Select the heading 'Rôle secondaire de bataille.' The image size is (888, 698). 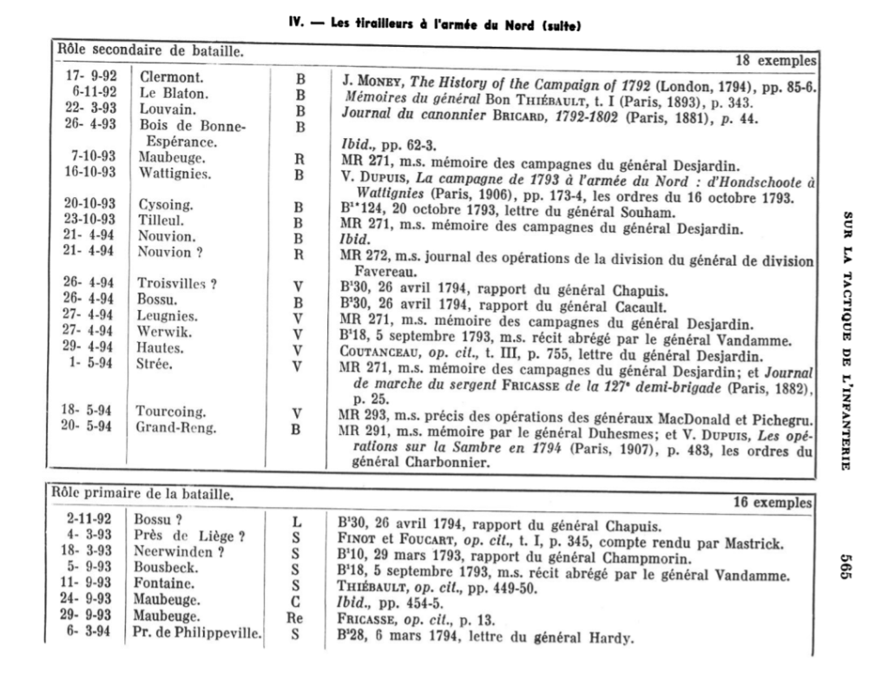(x=150, y=51)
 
